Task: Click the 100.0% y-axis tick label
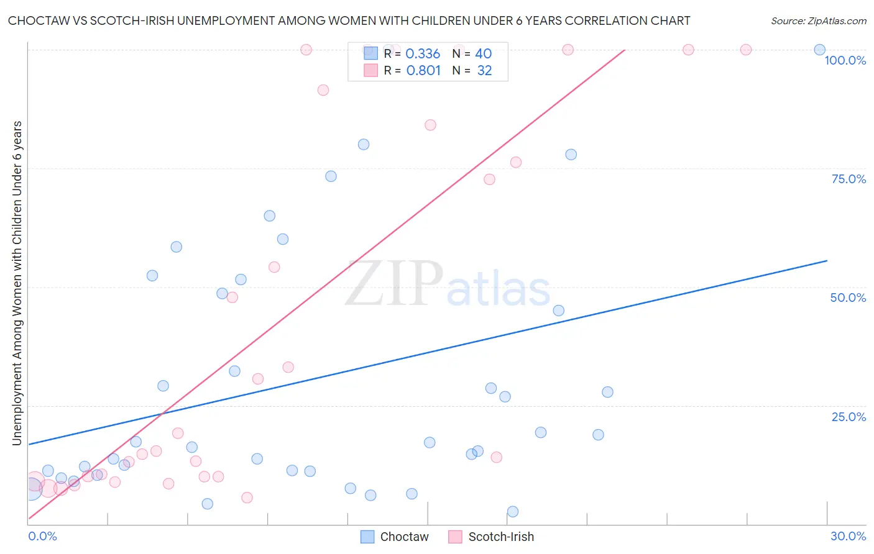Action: pos(845,60)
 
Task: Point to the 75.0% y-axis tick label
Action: pos(849,179)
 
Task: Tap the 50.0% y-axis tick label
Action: pos(848,297)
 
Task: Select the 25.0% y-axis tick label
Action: pos(849,417)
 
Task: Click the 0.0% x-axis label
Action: pos(42,536)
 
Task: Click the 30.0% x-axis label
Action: pos(848,536)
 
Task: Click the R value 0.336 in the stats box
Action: pos(423,54)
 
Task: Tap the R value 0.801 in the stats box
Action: pos(423,71)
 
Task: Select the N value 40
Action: pos(483,54)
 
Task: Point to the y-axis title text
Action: pos(17,283)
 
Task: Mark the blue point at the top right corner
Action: pos(819,50)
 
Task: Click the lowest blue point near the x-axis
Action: pos(513,512)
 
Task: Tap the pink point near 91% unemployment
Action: pos(323,90)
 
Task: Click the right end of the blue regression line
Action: pos(827,261)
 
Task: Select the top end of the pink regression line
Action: pos(624,50)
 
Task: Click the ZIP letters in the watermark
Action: pos(393,283)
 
